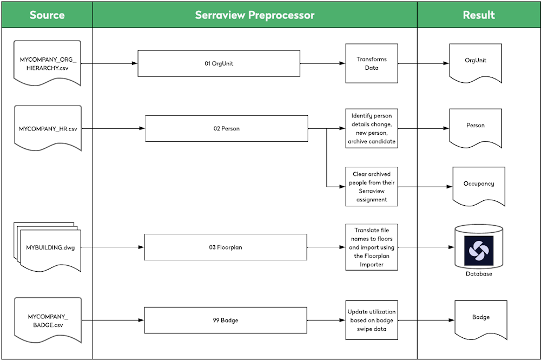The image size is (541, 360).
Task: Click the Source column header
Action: click(47, 15)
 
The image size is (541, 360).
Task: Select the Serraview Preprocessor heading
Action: click(254, 15)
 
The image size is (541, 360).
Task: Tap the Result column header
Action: click(478, 15)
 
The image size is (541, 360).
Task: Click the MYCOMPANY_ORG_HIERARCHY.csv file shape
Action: click(48, 63)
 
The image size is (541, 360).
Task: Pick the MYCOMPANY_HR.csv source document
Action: click(48, 129)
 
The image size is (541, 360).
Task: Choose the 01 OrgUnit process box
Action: click(219, 63)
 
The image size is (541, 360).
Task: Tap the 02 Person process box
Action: click(226, 129)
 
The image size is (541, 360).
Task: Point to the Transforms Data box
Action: click(372, 63)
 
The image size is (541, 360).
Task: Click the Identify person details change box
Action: click(372, 129)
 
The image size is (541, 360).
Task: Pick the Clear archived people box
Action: click(372, 186)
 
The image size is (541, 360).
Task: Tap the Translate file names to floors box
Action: click(372, 247)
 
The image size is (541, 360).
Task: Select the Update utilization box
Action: click(372, 320)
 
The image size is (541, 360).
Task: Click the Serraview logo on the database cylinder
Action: click(478, 250)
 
